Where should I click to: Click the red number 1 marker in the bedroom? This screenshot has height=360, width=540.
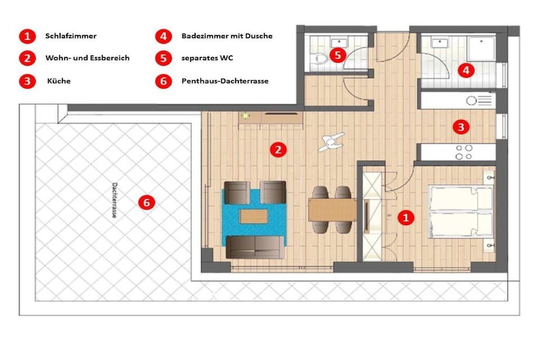pos(406,218)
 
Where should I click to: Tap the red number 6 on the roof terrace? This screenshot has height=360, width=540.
pos(147,202)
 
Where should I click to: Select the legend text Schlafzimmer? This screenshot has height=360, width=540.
pos(71,36)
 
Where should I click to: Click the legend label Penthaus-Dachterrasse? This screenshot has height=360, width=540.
pos(225,81)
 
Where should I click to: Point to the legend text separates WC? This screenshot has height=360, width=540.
pos(207,58)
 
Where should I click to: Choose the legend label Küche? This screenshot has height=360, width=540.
pos(59,81)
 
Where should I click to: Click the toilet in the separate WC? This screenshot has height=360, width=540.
pos(319,59)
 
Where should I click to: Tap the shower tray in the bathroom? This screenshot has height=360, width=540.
pos(481,48)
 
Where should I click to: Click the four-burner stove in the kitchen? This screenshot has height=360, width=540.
pos(464,152)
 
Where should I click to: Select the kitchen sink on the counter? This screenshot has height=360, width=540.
pos(471,101)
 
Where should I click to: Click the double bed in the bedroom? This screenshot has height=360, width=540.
pos(461,212)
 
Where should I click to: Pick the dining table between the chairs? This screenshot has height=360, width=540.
pos(332,210)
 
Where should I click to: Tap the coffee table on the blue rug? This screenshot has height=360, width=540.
pos(254,217)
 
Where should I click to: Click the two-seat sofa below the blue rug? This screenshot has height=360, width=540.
pos(255,247)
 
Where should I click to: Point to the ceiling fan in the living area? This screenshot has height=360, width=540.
pos(331,142)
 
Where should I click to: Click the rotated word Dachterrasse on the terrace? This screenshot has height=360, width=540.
pos(114,200)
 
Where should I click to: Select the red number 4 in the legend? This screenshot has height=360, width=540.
pos(163,36)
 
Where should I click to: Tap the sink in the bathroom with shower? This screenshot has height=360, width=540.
pos(440,43)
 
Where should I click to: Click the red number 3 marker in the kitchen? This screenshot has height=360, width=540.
pos(461,127)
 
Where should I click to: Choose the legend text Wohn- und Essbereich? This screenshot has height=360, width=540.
pos(88,58)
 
